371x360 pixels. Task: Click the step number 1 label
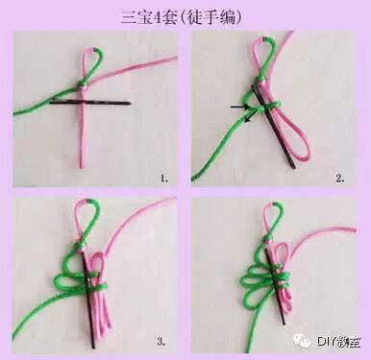[164, 178]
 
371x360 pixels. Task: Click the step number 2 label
[340, 178]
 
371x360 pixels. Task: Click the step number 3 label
[161, 342]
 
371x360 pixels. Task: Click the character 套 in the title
[170, 17]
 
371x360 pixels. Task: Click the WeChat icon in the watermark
[302, 341]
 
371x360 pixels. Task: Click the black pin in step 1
[90, 103]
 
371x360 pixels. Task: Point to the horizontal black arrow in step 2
[240, 108]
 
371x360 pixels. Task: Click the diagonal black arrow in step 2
[251, 115]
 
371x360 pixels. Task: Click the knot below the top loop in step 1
[83, 86]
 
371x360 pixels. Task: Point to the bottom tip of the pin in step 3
[93, 347]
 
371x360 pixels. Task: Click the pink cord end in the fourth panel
[354, 230]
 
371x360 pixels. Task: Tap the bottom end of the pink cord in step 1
[82, 166]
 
